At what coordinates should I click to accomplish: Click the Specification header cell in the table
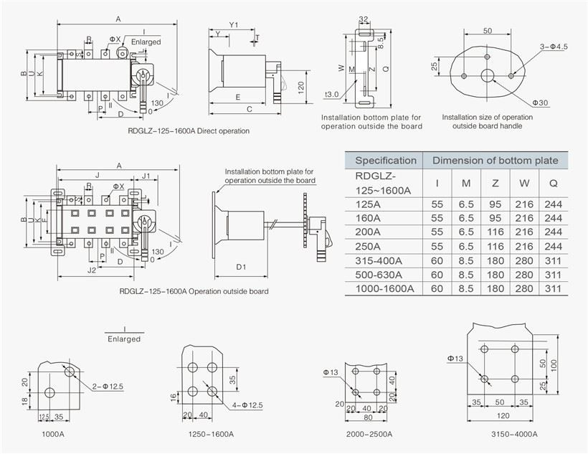tap(385, 161)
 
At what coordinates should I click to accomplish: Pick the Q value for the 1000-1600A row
tap(554, 288)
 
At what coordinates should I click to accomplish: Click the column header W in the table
tap(524, 184)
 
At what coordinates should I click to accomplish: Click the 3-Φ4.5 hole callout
tap(554, 47)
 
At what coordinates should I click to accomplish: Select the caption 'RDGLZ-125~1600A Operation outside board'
tap(194, 291)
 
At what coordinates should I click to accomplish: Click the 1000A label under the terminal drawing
tap(52, 434)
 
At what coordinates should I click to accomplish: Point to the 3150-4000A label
tap(516, 434)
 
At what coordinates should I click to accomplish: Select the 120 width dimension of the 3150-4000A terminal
tap(502, 416)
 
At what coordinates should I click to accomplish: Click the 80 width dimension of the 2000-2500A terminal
tap(366, 417)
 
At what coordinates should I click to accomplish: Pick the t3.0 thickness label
tap(331, 94)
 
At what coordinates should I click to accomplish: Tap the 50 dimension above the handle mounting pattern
tap(488, 31)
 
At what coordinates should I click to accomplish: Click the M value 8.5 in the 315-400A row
tap(466, 260)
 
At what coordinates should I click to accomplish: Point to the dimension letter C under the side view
tap(248, 109)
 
